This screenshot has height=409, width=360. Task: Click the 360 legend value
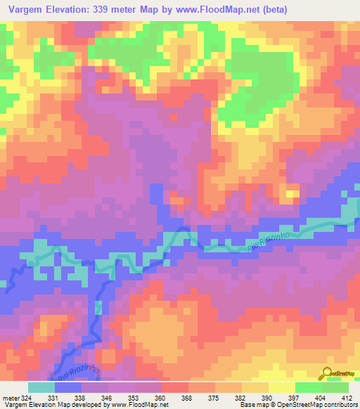(161, 397)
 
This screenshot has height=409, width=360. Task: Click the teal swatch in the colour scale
(41, 387)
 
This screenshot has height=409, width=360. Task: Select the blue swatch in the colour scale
(68, 387)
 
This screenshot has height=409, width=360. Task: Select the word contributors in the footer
(339, 405)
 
